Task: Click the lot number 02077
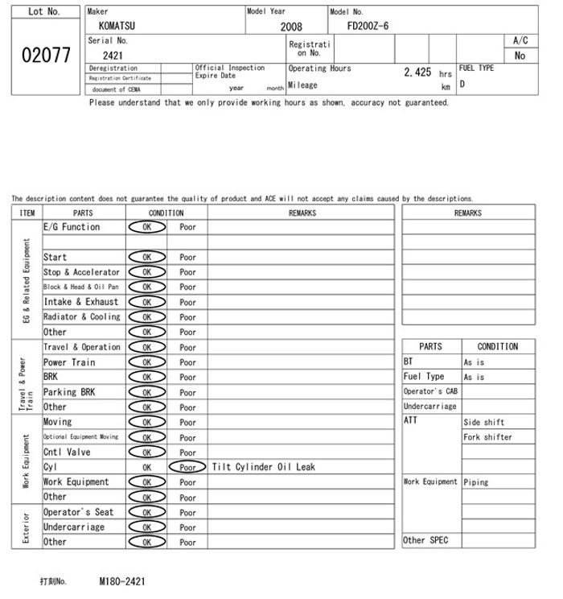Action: pos(45,55)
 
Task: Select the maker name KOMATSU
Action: pos(117,26)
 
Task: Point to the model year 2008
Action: pos(291,27)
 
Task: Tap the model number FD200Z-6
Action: pos(368,26)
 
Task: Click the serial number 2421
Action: pos(113,56)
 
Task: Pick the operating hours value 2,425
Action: pos(417,72)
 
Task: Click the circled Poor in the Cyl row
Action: pos(187,467)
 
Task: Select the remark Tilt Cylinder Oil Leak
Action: pos(264,467)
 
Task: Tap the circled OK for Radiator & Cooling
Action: pos(147,317)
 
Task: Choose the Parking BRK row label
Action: pos(69,392)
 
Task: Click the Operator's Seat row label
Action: pos(78,512)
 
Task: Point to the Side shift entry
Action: pos(483,423)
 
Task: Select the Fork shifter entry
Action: pos(487,437)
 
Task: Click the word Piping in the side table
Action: pos(475,482)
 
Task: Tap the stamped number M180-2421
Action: pos(122,580)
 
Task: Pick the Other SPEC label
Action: pos(425,540)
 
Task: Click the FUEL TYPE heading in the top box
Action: pos(476,68)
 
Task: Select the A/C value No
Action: pos(520,56)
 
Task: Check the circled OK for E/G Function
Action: pos(147,227)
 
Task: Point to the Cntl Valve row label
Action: pos(67,452)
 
